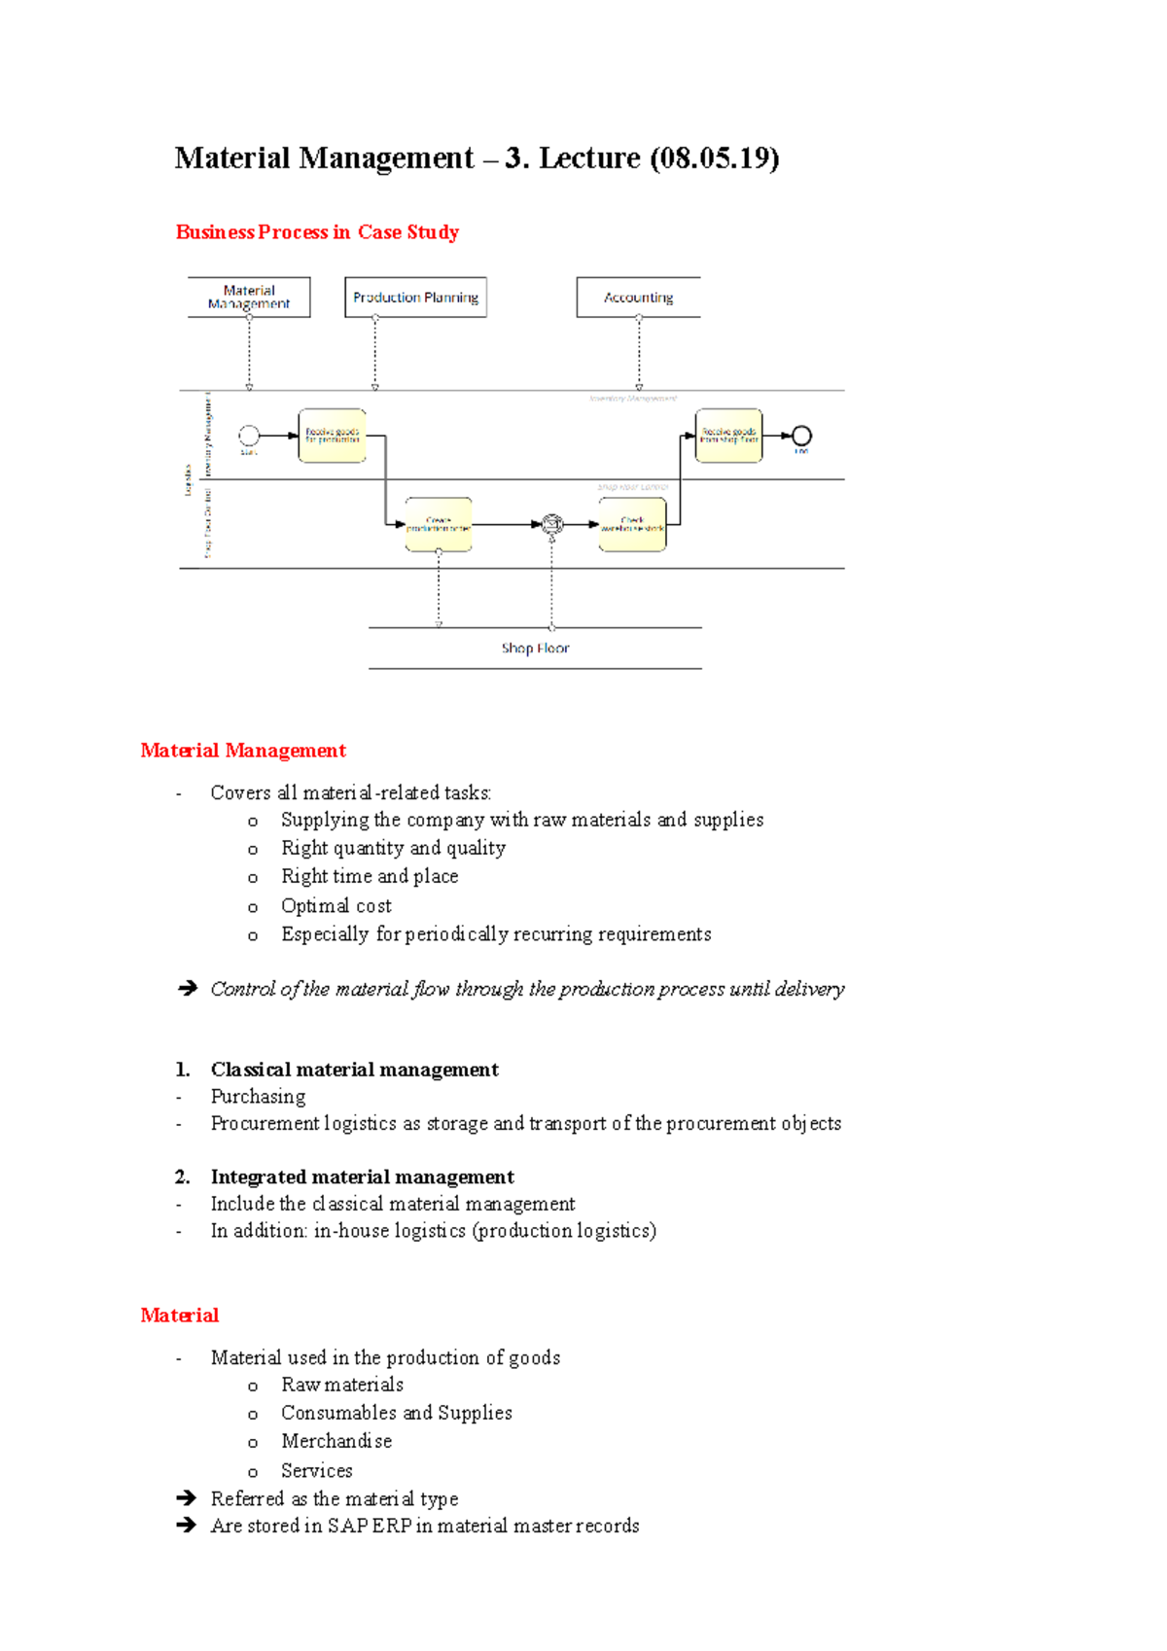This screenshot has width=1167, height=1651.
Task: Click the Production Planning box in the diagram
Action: pos(415,298)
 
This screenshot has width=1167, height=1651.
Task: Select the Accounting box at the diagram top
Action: pos(638,298)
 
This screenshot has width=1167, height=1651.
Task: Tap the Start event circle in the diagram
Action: pos(249,436)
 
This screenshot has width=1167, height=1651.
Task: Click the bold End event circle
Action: pos(801,436)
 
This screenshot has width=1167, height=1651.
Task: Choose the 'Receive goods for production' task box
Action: pos(333,436)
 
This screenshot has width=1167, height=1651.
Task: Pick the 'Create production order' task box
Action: pos(439,525)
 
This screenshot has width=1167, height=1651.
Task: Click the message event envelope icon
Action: pos(552,525)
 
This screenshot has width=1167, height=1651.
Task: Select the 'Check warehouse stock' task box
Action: pos(633,525)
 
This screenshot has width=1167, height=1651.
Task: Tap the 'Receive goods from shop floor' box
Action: pos(729,436)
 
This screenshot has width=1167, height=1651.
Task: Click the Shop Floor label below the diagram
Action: pos(535,649)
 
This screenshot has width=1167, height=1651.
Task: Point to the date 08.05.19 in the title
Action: pos(714,158)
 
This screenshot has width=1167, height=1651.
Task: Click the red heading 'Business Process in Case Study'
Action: pos(317,232)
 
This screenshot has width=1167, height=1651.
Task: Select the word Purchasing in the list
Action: pos(258,1097)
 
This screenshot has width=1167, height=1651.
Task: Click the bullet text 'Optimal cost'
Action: pos(336,906)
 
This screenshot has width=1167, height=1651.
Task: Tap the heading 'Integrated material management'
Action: pos(362,1177)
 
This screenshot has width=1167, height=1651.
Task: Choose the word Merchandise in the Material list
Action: pos(336,1441)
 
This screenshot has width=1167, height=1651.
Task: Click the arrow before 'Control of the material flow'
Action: pos(188,989)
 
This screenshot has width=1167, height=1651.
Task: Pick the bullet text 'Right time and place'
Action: pos(370,877)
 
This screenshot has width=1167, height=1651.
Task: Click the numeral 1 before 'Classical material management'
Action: pos(182,1071)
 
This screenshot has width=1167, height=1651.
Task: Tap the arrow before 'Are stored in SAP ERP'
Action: pos(187,1526)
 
